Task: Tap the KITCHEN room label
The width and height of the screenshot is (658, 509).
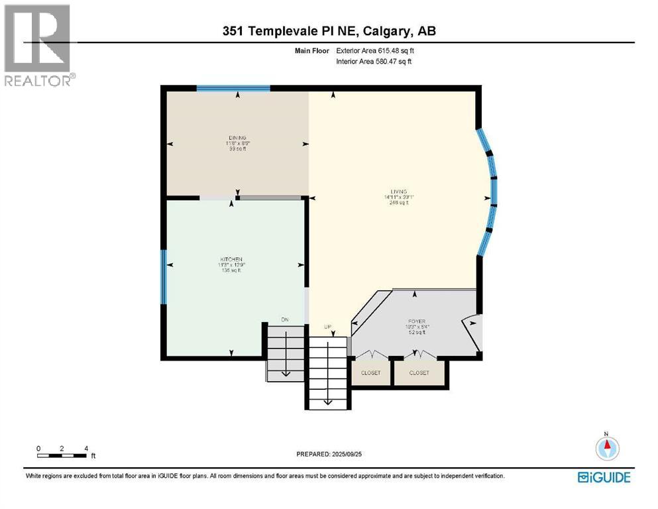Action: click(231, 258)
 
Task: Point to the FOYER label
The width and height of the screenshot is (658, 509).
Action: click(417, 321)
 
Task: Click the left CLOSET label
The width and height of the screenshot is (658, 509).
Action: click(371, 373)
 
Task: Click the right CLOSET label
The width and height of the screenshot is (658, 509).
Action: click(419, 373)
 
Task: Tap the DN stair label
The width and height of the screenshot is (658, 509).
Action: click(285, 319)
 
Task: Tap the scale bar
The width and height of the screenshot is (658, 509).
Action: click(62, 455)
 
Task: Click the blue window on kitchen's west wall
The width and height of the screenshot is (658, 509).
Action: click(164, 276)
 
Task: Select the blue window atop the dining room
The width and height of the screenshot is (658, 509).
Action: click(233, 87)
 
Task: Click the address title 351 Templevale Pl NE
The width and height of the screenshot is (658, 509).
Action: click(329, 30)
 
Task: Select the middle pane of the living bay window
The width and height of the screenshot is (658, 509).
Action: click(494, 192)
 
